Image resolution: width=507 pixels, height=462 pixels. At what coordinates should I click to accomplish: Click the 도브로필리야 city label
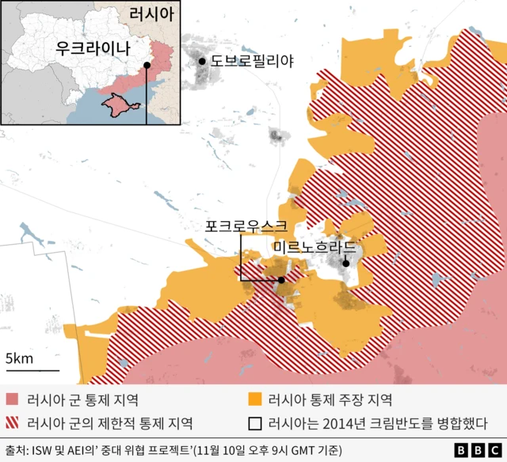[x=252, y=61]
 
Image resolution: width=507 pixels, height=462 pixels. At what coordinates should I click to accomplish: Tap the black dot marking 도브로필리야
[x=203, y=61]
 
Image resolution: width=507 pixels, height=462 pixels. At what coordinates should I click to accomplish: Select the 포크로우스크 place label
[x=245, y=226]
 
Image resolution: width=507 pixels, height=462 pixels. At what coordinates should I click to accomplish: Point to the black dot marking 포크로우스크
[x=281, y=280]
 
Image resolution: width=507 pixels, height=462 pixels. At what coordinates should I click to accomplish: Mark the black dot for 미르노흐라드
[x=345, y=263]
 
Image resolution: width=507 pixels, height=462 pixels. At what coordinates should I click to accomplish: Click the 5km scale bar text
[x=19, y=359]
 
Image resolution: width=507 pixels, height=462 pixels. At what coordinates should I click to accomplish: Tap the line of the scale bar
[x=32, y=370]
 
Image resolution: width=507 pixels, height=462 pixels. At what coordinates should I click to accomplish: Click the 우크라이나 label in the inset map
[x=91, y=48]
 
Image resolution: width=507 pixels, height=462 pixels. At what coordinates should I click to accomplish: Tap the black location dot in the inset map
[x=147, y=66]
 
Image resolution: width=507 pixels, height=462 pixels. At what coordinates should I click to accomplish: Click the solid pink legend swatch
[x=12, y=399]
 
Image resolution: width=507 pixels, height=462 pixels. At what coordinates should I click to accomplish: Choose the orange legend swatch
[x=254, y=399]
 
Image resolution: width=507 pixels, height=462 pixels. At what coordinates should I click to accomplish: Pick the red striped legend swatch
[x=12, y=422]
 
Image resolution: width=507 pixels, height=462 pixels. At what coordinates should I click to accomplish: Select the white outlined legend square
[x=254, y=422]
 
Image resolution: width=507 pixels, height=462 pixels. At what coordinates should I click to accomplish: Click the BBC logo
[x=471, y=450]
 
